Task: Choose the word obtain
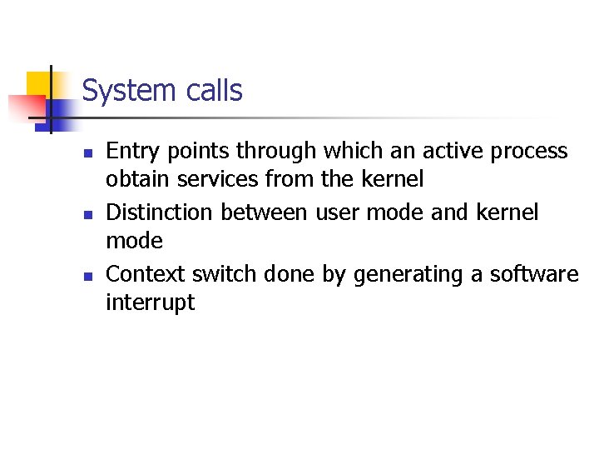click(132, 179)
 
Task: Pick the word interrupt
click(150, 302)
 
